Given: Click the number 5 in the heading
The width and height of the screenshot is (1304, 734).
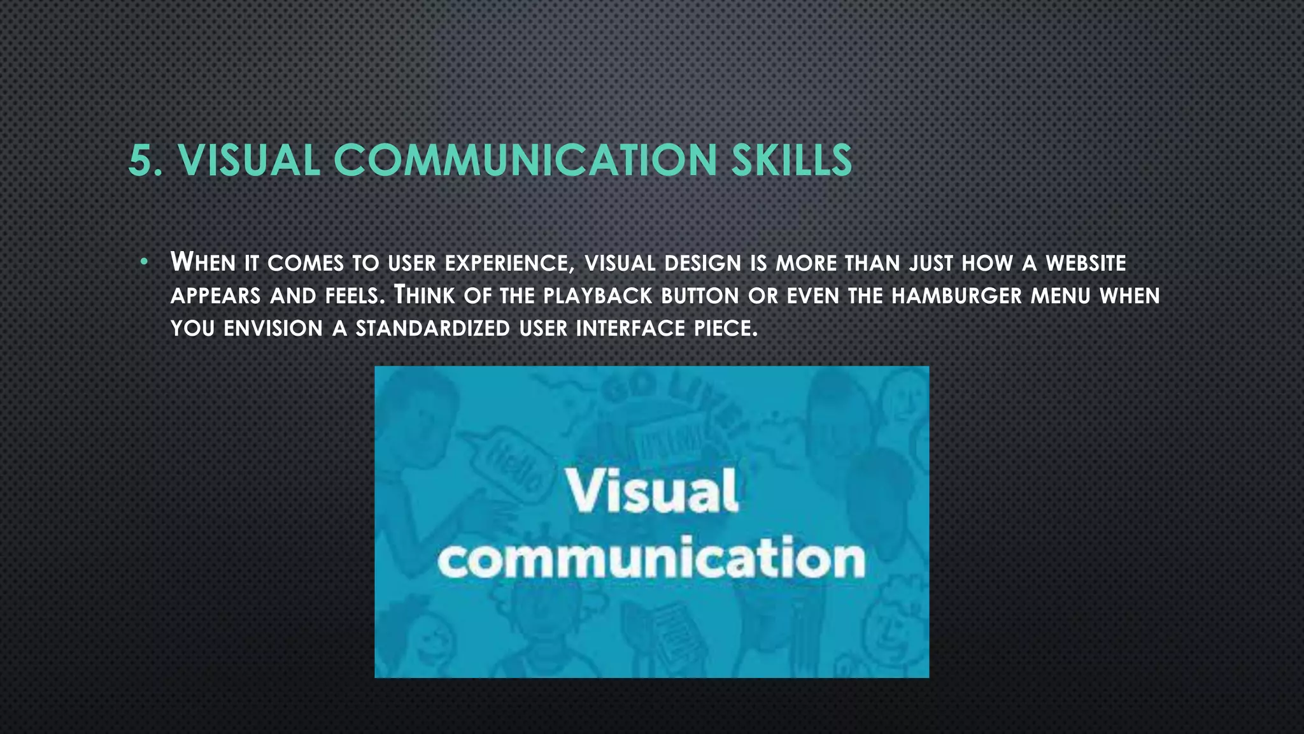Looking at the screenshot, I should (x=141, y=160).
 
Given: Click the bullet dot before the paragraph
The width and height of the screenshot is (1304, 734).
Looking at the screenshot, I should (x=145, y=262).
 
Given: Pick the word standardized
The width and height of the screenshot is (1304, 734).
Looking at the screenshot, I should (x=432, y=329).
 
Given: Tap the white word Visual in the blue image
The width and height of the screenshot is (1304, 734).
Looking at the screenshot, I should (x=653, y=491).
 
